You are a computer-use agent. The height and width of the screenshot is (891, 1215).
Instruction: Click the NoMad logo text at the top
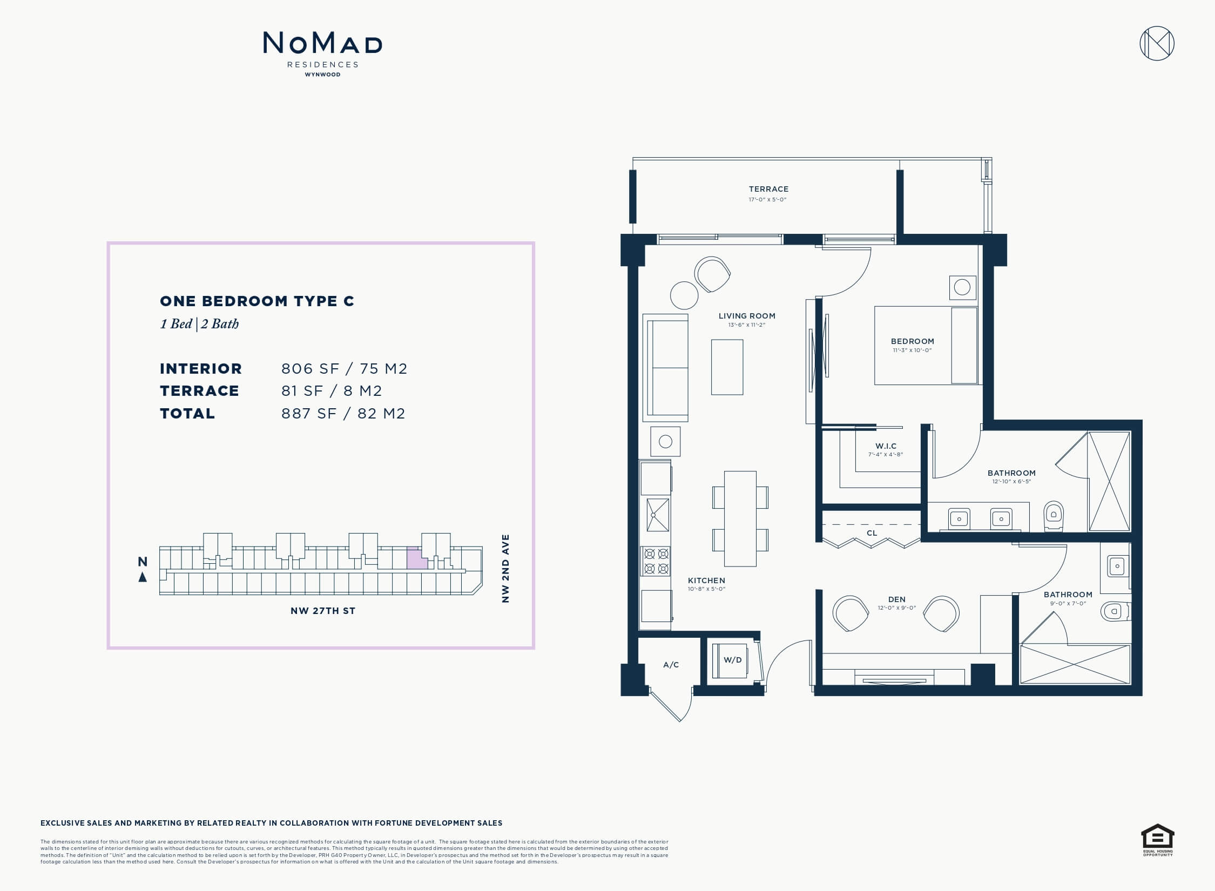(x=322, y=43)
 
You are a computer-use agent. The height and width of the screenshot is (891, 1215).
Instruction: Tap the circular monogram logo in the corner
(x=1157, y=43)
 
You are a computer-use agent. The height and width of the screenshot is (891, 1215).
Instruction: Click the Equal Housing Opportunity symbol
(x=1158, y=839)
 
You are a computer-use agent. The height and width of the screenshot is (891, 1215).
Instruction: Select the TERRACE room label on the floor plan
(x=768, y=189)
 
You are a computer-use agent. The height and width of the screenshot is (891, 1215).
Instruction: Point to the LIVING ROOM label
(x=747, y=316)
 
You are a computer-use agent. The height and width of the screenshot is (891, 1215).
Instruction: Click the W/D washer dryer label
(x=733, y=660)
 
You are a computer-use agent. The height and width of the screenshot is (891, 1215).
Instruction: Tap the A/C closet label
(x=671, y=665)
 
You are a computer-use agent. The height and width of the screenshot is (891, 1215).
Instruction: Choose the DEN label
(x=897, y=599)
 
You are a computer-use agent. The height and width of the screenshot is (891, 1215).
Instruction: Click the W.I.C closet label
(x=886, y=446)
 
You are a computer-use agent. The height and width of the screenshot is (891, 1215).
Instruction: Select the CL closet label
(x=872, y=533)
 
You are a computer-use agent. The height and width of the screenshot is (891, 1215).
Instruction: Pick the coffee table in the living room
(x=727, y=367)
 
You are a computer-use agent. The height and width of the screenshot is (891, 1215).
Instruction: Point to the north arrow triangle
(x=143, y=577)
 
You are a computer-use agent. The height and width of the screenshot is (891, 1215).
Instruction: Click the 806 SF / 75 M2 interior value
(x=345, y=369)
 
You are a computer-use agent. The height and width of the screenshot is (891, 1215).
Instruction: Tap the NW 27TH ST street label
(x=323, y=611)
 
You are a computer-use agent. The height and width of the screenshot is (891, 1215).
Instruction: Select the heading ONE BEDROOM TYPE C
(x=257, y=301)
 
